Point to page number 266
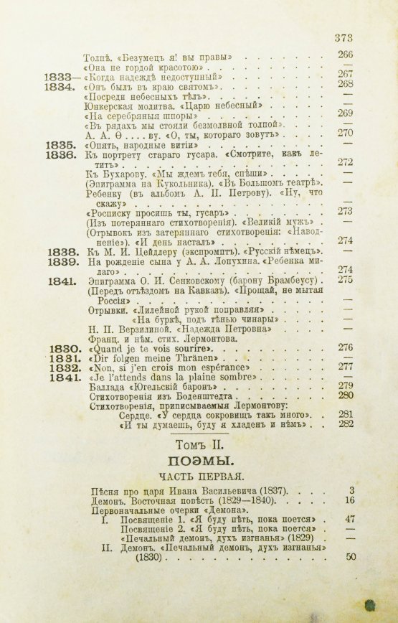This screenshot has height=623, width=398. tap(346, 55)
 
